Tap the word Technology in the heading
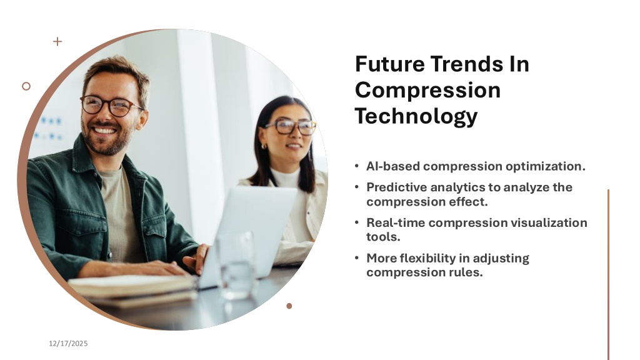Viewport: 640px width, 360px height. click(416, 116)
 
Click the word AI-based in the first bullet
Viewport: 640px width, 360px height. click(392, 166)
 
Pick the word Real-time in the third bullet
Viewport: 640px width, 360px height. click(396, 222)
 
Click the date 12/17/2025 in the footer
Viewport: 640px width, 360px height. click(68, 343)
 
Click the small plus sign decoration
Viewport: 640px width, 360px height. click(57, 41)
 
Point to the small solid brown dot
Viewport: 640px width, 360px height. click(289, 306)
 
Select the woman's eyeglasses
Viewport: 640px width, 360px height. click(291, 127)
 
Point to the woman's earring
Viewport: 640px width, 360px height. click(264, 146)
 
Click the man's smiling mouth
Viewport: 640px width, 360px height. click(105, 131)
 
